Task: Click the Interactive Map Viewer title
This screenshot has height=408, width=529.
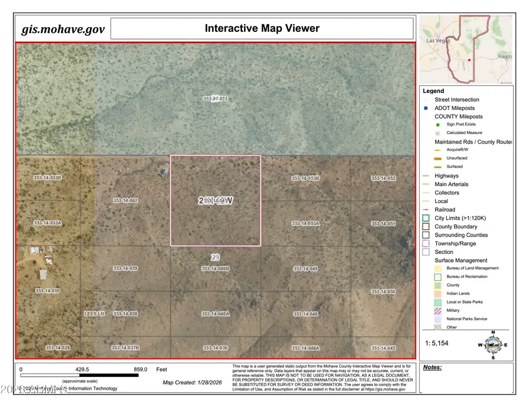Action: click(x=262, y=28)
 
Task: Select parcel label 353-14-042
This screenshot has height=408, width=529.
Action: click(x=125, y=201)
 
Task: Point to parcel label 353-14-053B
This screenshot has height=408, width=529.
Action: click(x=306, y=178)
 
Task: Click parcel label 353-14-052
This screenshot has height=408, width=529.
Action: click(x=383, y=178)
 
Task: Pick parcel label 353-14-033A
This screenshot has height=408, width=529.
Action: click(x=48, y=223)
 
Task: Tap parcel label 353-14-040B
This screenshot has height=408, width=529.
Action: click(x=215, y=268)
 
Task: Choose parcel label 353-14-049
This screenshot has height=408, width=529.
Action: click(x=306, y=268)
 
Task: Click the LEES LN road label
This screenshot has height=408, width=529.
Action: click(x=94, y=314)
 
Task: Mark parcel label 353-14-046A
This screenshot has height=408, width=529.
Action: click(x=306, y=348)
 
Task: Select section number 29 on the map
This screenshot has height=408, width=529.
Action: click(x=215, y=257)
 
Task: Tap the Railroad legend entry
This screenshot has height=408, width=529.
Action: click(x=444, y=210)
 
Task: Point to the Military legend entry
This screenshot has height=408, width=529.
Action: click(x=453, y=310)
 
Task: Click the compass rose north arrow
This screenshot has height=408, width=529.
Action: click(x=493, y=334)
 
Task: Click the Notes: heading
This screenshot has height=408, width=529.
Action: click(x=432, y=367)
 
